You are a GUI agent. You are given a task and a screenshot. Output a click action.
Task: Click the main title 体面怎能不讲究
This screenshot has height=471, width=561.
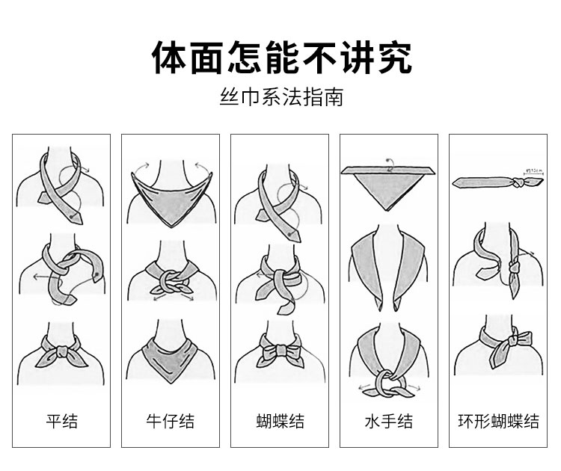click(x=281, y=57)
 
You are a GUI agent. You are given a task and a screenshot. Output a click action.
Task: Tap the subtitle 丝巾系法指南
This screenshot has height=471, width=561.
click(x=281, y=97)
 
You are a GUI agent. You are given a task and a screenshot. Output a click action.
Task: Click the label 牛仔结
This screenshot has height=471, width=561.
click(x=170, y=421)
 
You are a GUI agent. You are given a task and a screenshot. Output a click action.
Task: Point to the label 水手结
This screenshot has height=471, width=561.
click(x=388, y=421)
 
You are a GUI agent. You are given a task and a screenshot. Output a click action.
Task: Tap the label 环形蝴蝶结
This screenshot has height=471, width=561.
click(x=498, y=421)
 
